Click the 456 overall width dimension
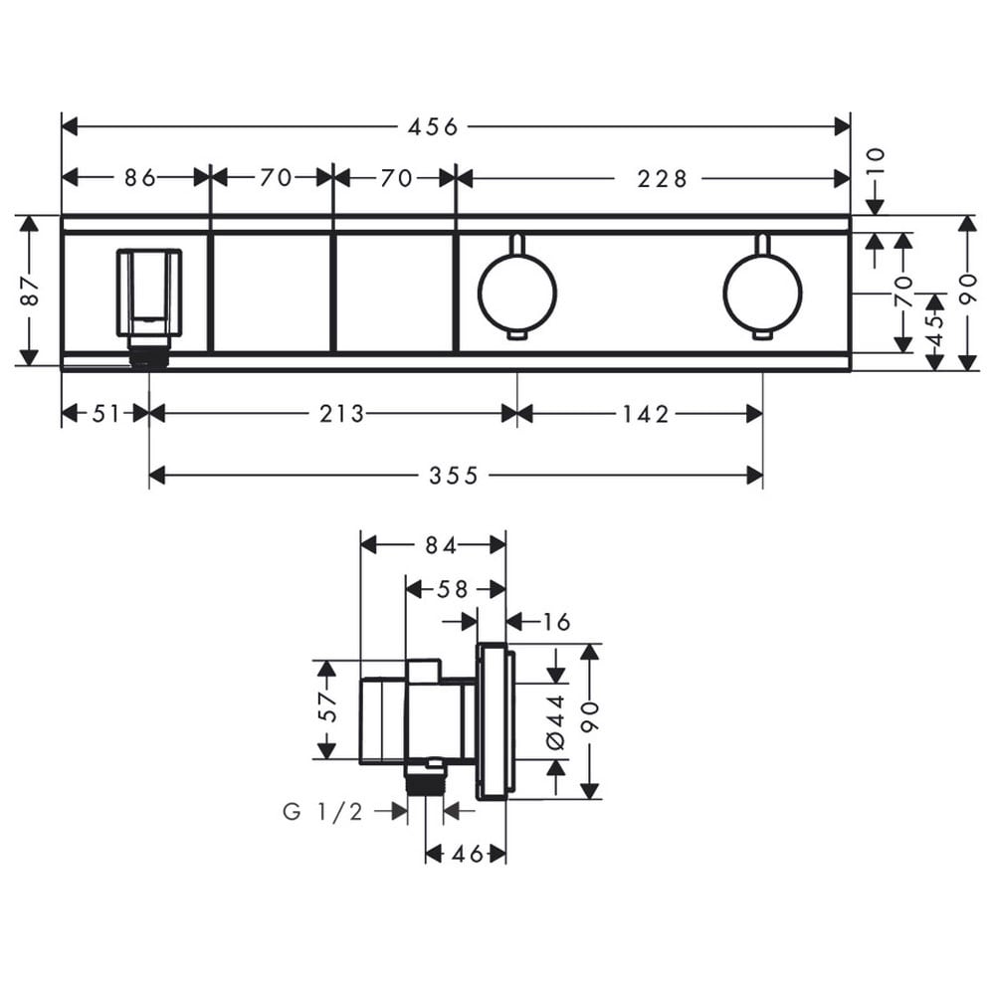433,127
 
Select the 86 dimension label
139,178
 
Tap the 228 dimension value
662,179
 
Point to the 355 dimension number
453,476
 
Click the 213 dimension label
341,414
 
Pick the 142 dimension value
646,414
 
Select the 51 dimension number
106,414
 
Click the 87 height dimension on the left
31,292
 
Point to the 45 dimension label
935,330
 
